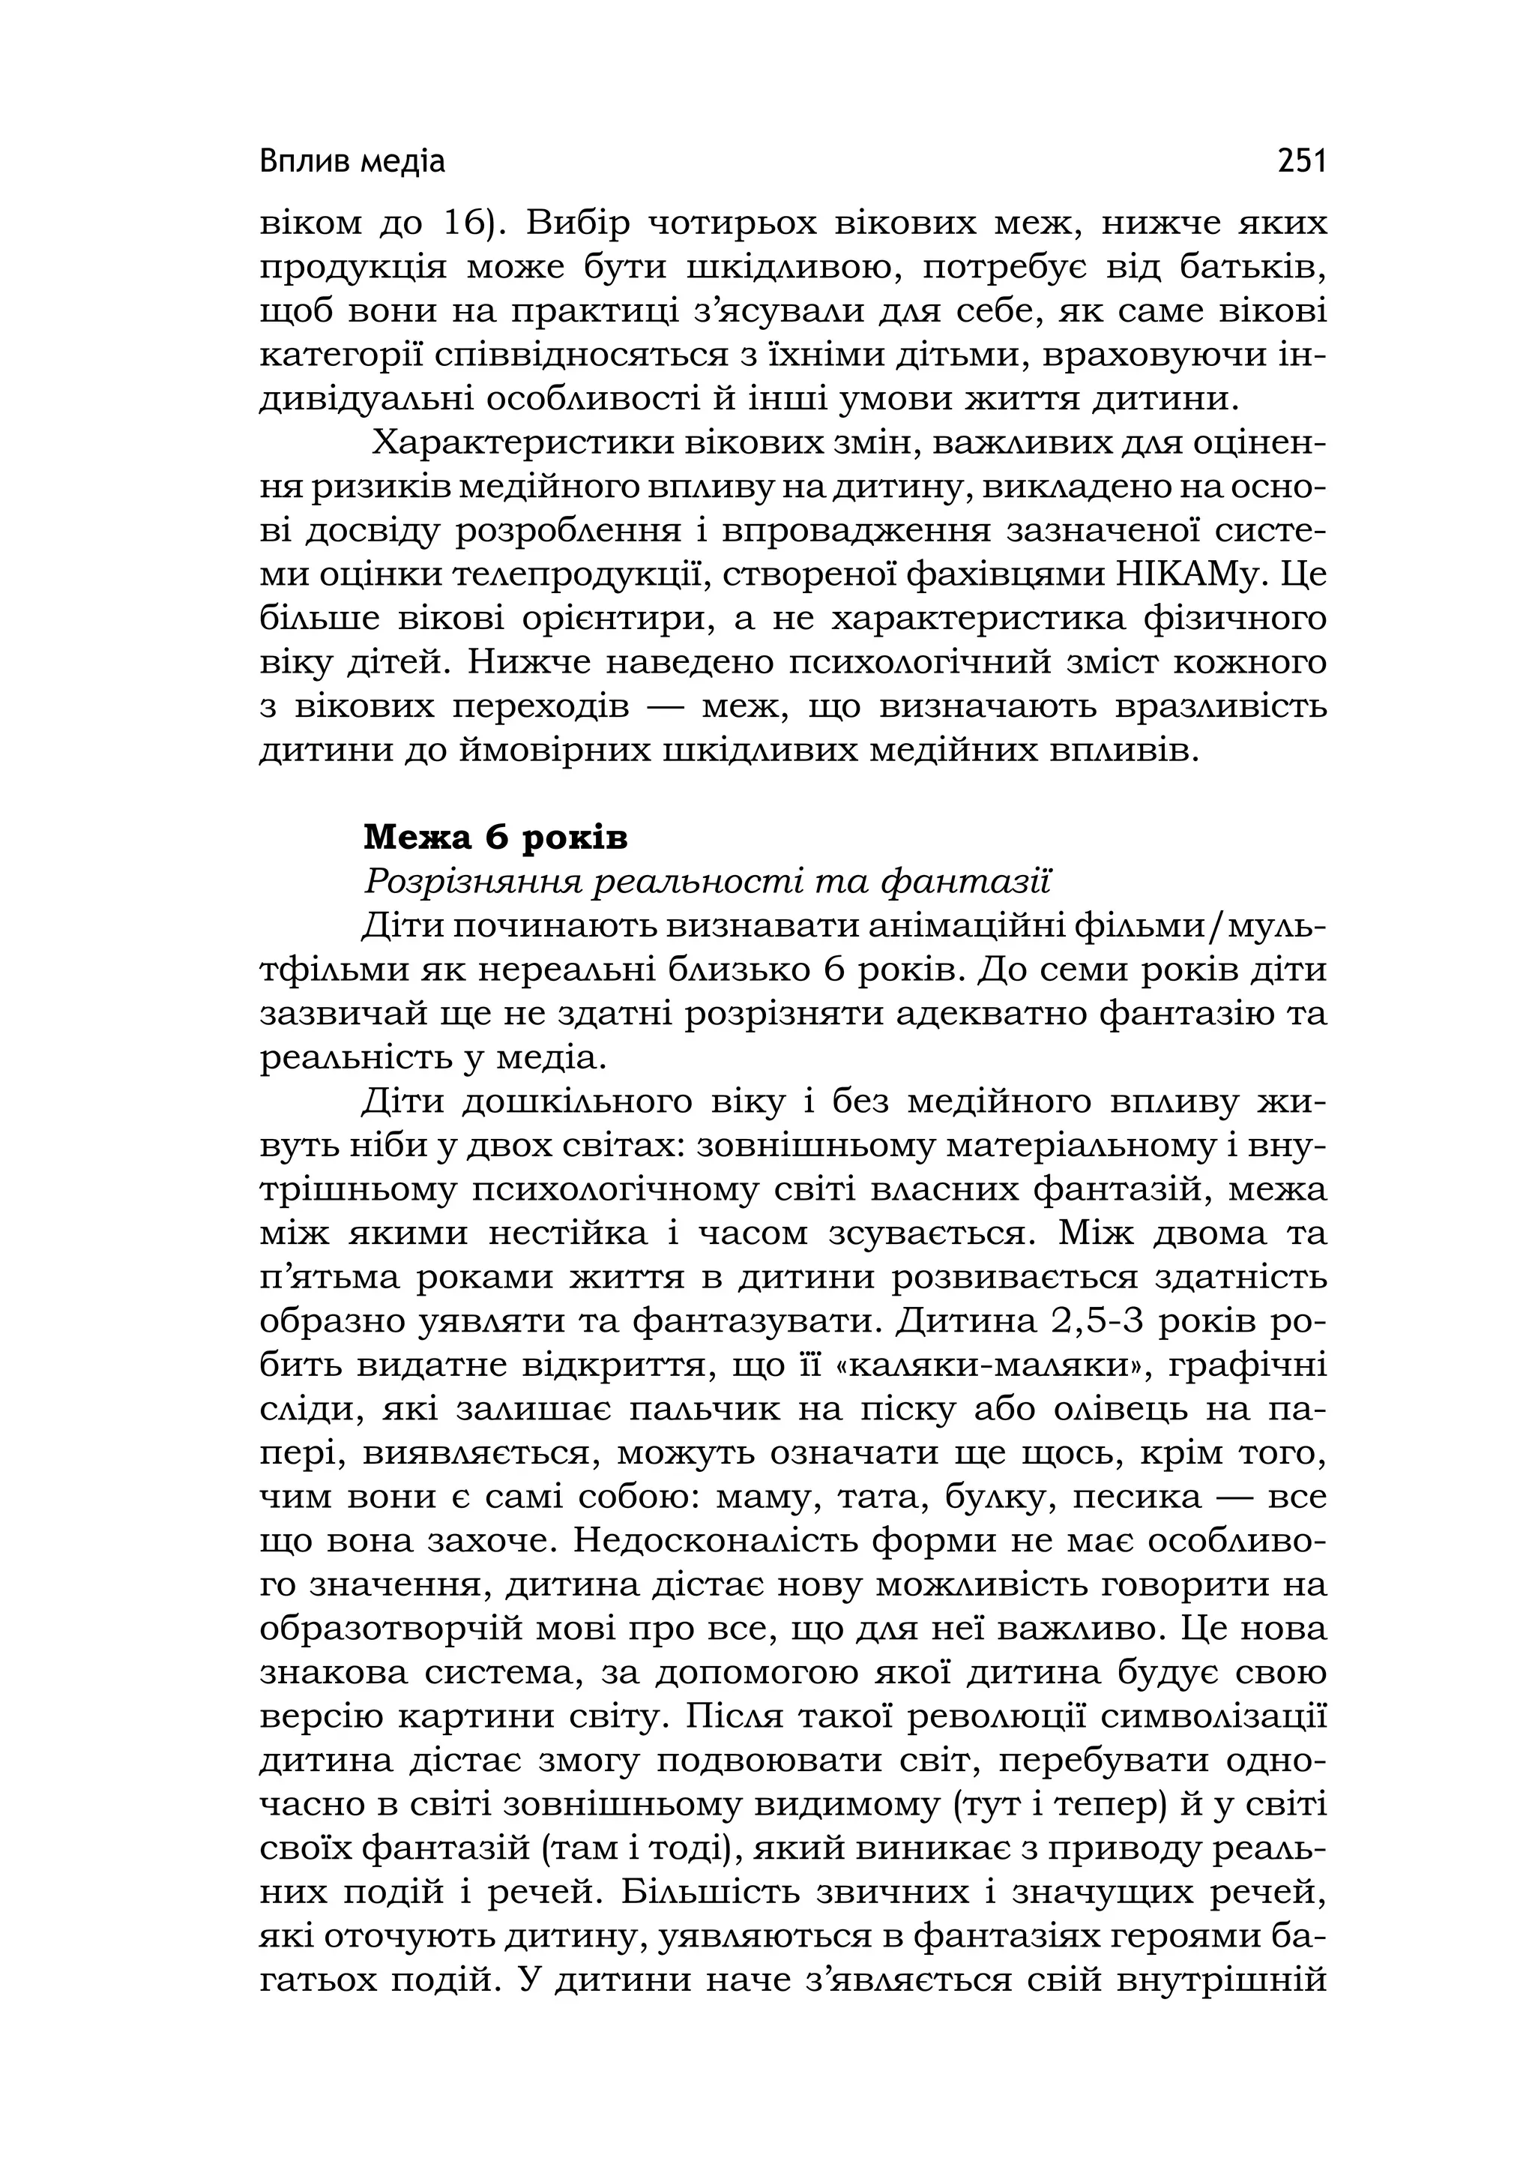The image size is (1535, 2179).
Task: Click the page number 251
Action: (x=1300, y=161)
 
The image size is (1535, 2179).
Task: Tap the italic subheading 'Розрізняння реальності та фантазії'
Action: (x=707, y=883)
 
